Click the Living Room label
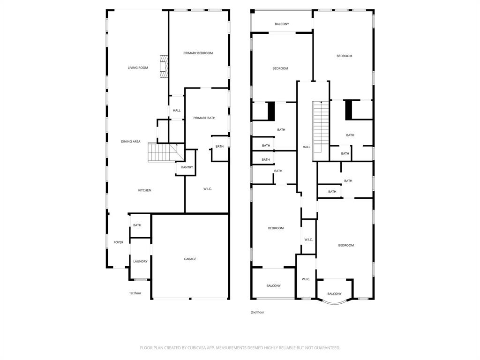138,67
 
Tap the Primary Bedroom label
198,53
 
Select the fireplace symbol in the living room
164,67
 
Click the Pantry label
187,167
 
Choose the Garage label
190,259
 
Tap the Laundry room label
140,261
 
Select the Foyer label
119,242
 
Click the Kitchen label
144,190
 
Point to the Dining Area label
130,141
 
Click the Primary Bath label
204,118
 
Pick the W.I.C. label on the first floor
208,189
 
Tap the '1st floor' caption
135,293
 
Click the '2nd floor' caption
257,312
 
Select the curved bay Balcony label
334,294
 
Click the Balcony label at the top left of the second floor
282,24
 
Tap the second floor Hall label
306,147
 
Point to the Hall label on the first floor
177,111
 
